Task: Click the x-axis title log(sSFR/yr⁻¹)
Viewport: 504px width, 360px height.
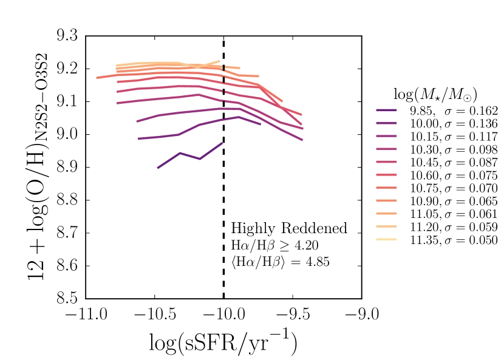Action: pos(223,344)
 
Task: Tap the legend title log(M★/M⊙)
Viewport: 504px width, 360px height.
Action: pos(434,94)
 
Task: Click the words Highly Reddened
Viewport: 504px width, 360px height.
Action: pos(289,228)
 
